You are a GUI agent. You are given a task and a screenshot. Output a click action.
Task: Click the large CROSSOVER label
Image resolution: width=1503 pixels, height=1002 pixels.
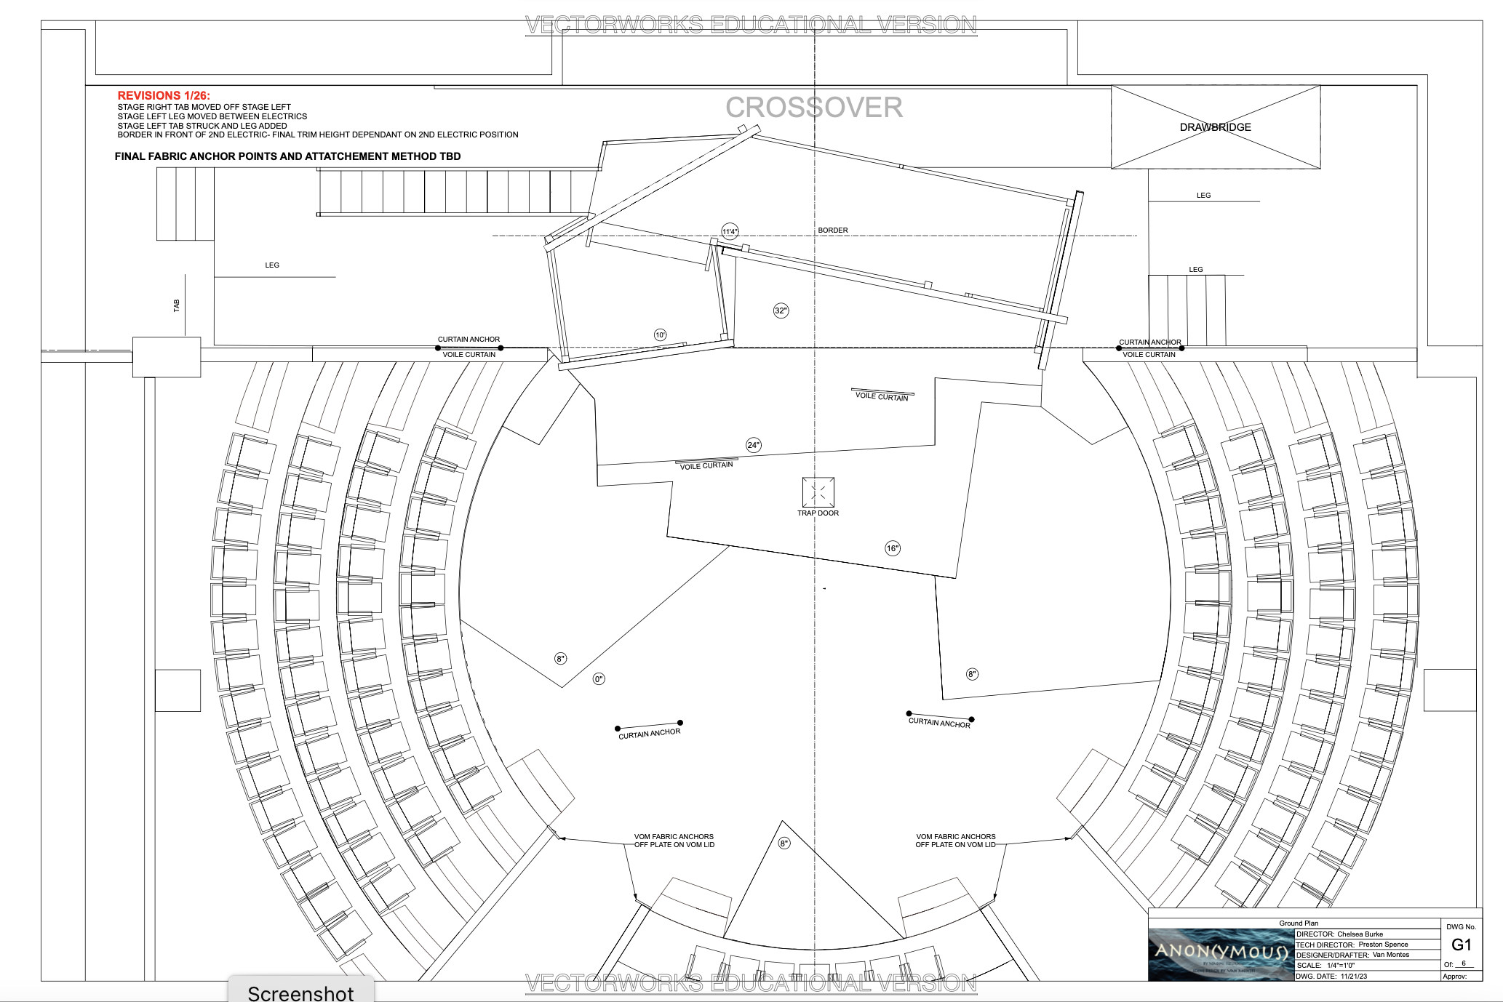(x=813, y=108)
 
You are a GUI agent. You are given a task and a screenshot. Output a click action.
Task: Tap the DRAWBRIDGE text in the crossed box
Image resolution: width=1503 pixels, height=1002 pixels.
(x=1215, y=127)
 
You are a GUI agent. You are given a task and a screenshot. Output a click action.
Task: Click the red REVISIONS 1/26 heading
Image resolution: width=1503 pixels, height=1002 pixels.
(x=164, y=95)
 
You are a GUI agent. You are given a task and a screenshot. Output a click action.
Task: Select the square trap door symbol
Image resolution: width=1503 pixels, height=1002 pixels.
(x=818, y=492)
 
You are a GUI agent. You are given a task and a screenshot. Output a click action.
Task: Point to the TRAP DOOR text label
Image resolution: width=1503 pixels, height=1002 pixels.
(x=818, y=513)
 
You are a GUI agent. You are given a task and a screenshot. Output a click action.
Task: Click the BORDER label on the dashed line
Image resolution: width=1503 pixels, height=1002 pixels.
(x=832, y=231)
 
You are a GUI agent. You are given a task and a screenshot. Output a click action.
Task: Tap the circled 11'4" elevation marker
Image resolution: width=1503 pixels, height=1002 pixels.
(x=730, y=232)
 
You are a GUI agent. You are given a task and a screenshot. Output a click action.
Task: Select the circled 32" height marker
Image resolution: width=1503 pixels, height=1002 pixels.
(x=781, y=310)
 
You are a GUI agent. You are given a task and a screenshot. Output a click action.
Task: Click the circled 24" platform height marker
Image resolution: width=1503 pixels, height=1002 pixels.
(x=754, y=445)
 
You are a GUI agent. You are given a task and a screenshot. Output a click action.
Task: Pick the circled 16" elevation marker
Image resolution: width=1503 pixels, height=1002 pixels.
(x=893, y=548)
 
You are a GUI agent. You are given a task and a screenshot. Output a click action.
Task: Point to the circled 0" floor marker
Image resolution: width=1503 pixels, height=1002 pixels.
(x=599, y=679)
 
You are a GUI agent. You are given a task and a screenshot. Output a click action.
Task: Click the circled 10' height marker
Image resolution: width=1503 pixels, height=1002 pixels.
(x=660, y=335)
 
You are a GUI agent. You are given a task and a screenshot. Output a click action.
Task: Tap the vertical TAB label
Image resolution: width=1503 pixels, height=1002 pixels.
(x=176, y=305)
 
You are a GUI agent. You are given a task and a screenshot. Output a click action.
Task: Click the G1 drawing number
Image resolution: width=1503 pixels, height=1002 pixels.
(x=1461, y=945)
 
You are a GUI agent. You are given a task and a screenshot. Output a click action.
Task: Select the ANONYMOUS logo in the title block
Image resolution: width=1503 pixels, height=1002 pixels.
(x=1221, y=953)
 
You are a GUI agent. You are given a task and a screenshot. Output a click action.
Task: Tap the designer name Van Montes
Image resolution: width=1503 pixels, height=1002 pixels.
(x=1390, y=955)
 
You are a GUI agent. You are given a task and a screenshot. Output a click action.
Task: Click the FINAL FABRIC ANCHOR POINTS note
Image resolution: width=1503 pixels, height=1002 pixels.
(x=287, y=156)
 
